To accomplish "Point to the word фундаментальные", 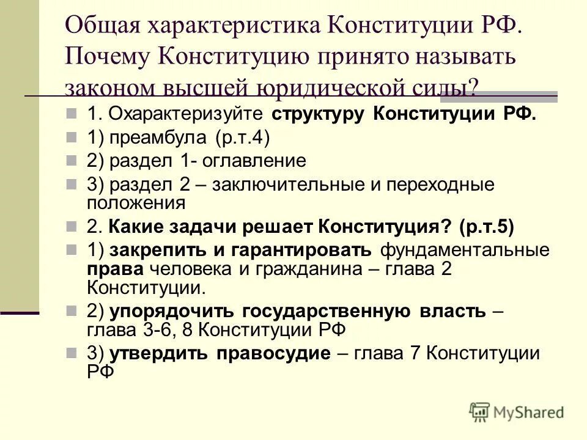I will click(465, 250).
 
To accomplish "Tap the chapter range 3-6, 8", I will click(166, 330).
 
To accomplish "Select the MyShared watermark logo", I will click(517, 411).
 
